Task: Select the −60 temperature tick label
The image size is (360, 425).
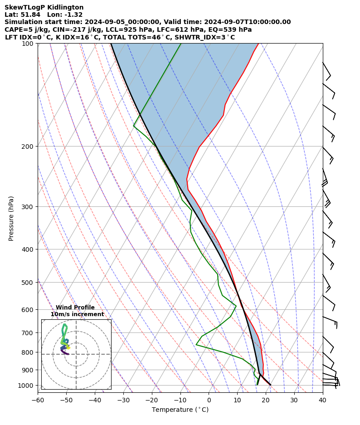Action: tap(38, 400)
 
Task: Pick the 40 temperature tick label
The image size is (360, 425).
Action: tap(322, 400)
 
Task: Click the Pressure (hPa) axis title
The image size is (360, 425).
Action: tap(11, 218)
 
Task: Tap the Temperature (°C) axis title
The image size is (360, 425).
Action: tap(180, 410)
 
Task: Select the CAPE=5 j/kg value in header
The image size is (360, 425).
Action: tap(21, 29)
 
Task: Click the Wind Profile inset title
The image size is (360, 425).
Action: tap(75, 308)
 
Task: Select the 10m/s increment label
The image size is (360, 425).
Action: tap(77, 314)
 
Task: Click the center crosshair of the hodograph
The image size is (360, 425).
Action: tap(76, 354)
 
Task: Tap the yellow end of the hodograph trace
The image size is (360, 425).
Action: tap(69, 347)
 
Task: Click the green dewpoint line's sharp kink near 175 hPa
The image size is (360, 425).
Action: tap(134, 126)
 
